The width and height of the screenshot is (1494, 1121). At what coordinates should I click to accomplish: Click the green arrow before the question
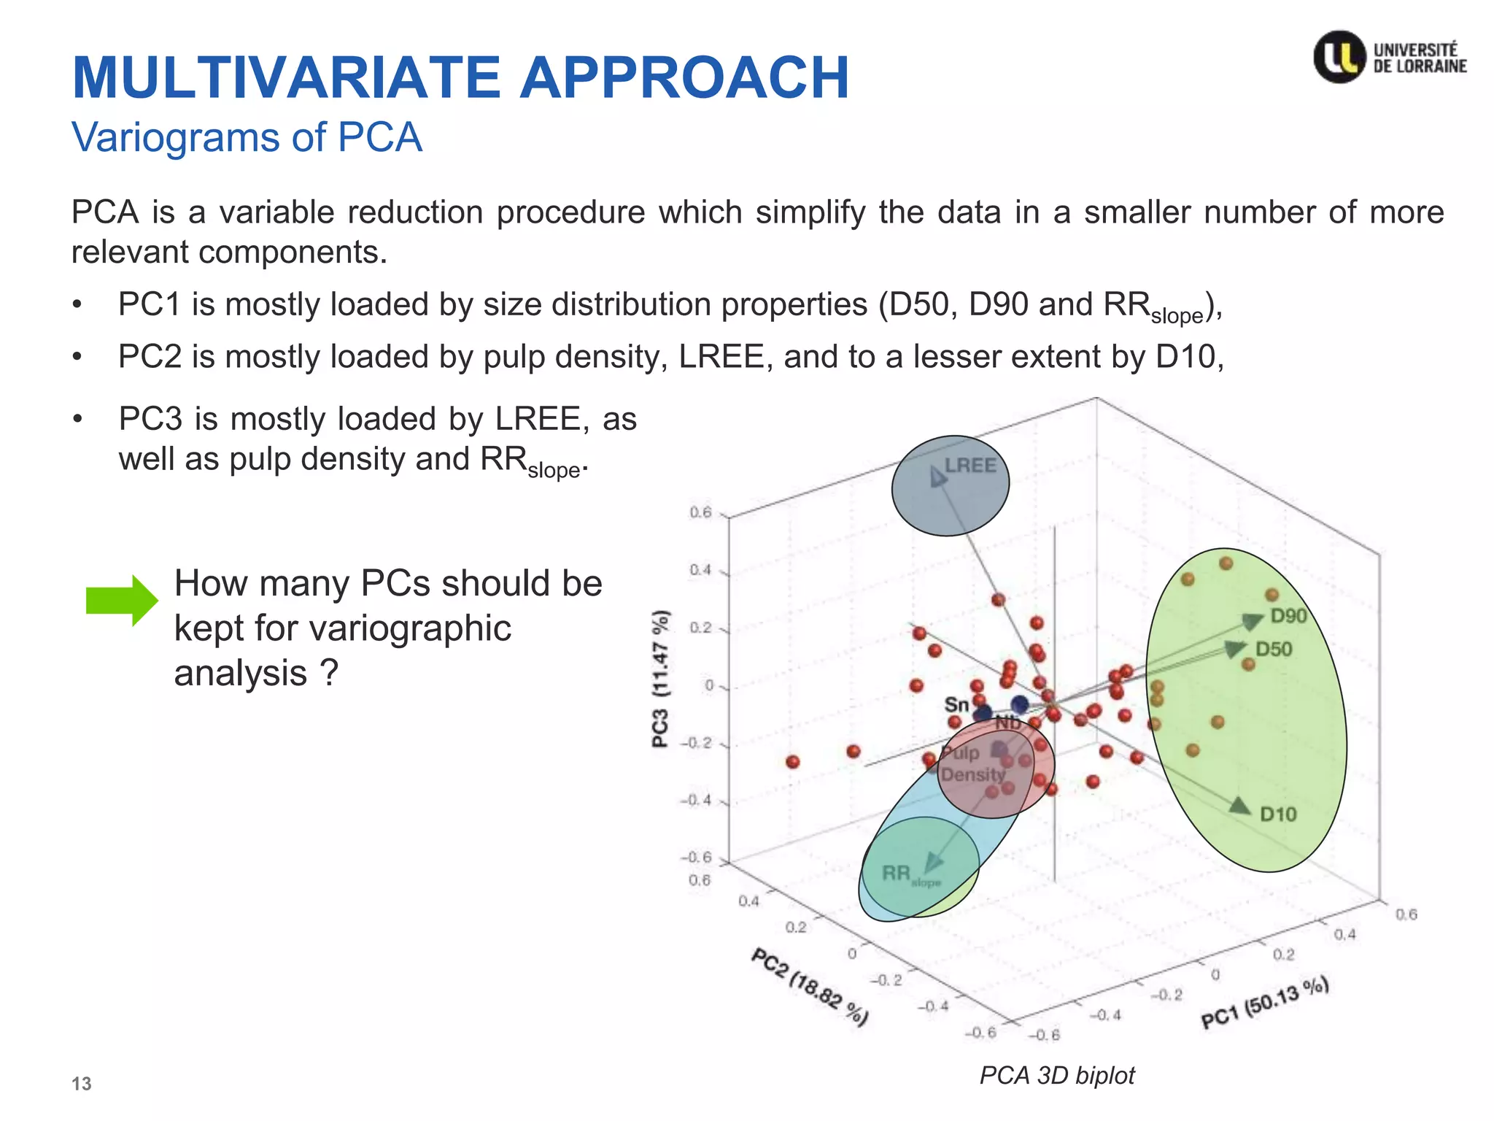[x=121, y=600]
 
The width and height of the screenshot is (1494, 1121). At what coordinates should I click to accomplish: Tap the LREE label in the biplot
[x=970, y=466]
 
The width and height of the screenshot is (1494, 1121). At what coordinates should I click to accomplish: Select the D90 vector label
[x=1288, y=616]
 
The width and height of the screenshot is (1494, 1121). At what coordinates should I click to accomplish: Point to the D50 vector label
[x=1274, y=649]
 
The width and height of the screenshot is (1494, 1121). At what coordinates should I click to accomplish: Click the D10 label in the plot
[x=1278, y=814]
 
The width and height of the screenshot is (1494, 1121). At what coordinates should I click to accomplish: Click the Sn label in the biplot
[x=956, y=704]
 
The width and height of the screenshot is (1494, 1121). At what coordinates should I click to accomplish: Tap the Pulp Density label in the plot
[x=971, y=764]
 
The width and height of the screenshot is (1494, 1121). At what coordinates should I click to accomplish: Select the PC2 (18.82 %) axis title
[x=810, y=987]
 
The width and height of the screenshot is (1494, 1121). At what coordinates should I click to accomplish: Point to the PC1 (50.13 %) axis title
[x=1265, y=1001]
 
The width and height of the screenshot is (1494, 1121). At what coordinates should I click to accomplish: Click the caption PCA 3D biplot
[x=1056, y=1075]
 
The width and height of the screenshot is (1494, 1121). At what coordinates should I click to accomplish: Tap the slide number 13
[x=81, y=1084]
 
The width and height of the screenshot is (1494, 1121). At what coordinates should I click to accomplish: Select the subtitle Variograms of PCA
[x=247, y=137]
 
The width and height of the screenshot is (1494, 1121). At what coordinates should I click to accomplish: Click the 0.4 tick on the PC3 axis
[x=700, y=570]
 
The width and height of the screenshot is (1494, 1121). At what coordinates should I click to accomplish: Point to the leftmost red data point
[x=793, y=762]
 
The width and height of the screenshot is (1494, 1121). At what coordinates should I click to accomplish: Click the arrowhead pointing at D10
[x=1239, y=806]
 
